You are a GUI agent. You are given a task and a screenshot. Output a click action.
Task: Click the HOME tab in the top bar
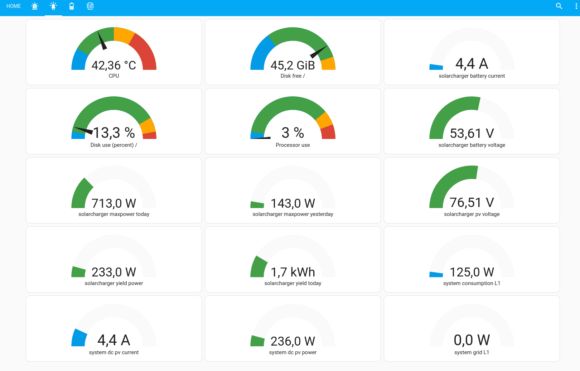[x=14, y=6]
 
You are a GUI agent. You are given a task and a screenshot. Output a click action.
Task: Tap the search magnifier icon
[x=559, y=6]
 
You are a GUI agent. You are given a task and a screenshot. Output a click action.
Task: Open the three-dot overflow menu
[x=576, y=6]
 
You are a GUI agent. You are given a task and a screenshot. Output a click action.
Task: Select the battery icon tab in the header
[x=72, y=6]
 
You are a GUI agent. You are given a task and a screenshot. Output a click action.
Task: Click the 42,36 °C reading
[x=113, y=65]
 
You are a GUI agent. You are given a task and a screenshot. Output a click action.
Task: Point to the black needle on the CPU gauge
[x=102, y=40]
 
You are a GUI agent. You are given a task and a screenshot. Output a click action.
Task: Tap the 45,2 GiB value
[x=293, y=65]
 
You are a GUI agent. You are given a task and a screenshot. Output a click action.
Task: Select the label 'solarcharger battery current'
[x=472, y=76]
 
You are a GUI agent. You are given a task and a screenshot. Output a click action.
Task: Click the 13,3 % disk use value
[x=113, y=132]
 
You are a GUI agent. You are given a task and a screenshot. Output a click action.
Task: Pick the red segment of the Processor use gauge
[x=328, y=132]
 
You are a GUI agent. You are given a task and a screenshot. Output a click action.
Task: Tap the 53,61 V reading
[x=472, y=134]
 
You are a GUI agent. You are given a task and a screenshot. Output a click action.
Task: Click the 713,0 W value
[x=113, y=203]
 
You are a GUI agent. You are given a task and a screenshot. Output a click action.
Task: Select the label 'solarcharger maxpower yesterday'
[x=293, y=214]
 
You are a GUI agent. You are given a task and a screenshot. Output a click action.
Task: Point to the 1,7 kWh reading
[x=293, y=272]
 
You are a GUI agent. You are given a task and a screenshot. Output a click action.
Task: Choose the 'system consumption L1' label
[x=472, y=283]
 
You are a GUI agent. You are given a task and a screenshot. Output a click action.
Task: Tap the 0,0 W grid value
[x=472, y=340]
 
